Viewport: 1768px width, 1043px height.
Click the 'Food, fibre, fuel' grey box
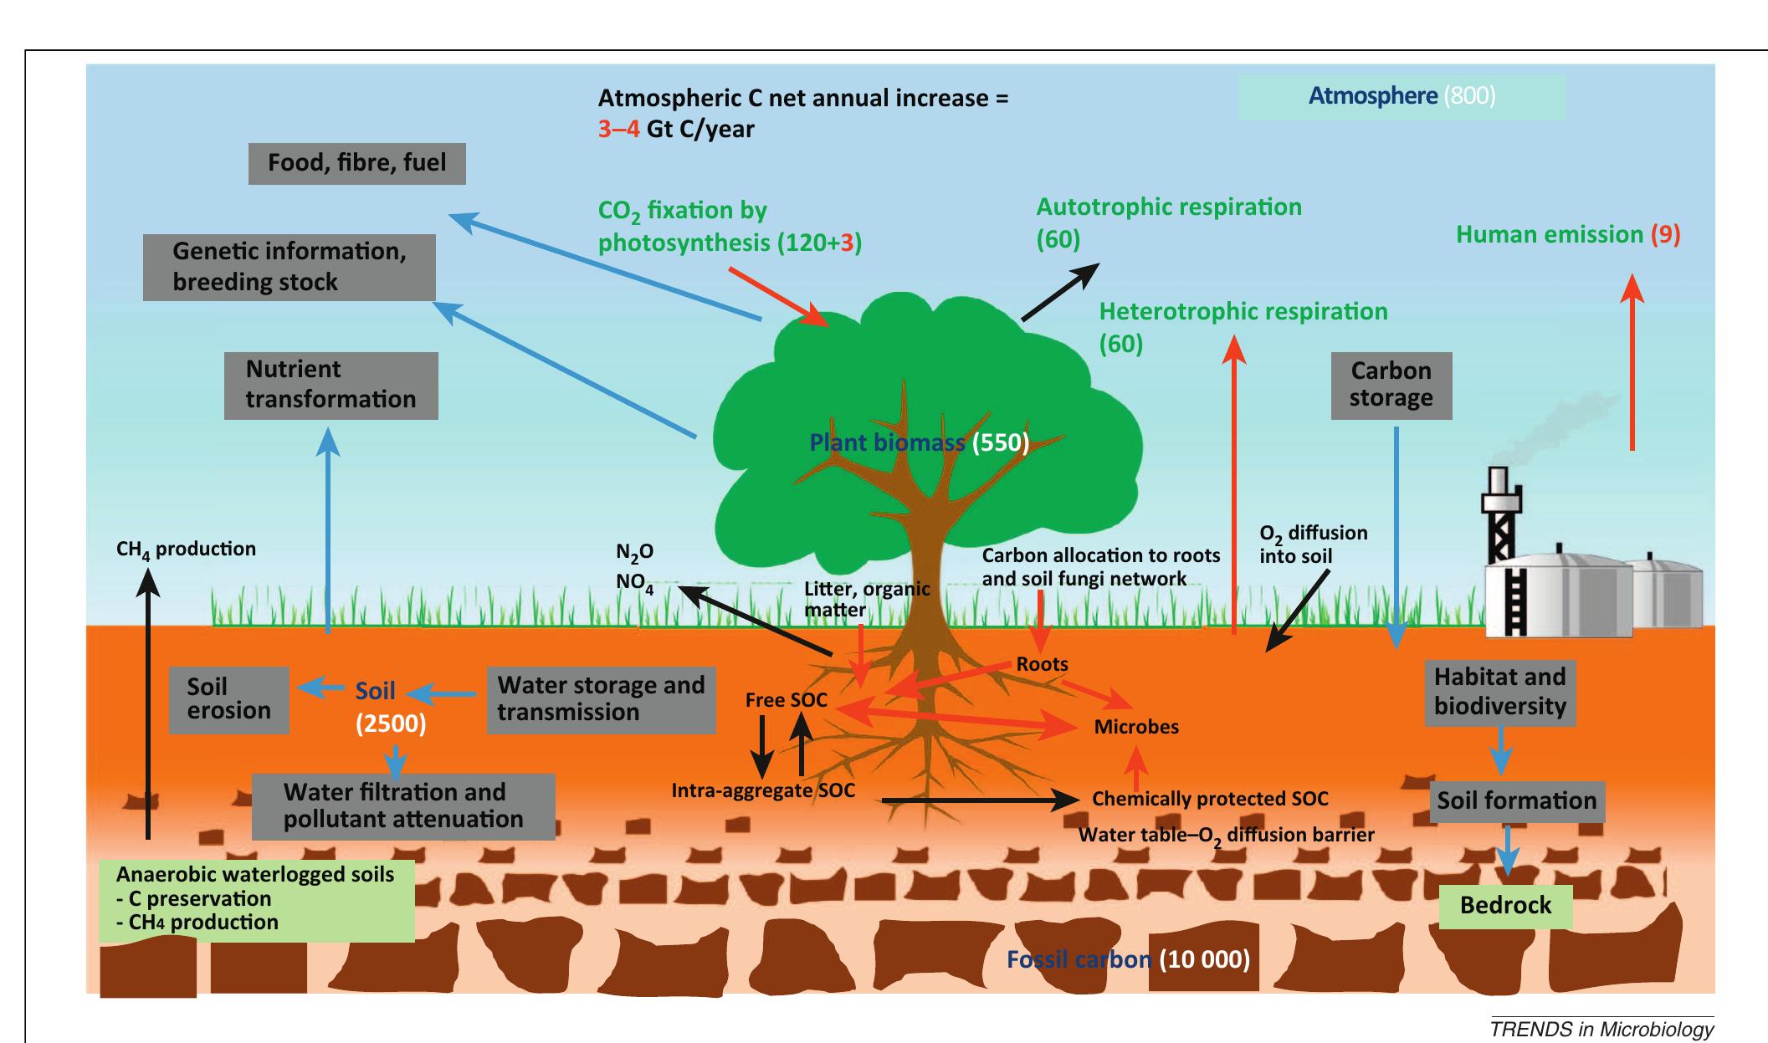pos(357,162)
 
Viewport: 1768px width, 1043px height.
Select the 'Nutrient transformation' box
pos(331,385)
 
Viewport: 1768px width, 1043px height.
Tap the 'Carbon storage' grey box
pos(1391,385)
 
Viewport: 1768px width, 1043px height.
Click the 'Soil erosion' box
pos(229,699)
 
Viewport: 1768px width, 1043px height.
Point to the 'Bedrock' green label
pos(1505,905)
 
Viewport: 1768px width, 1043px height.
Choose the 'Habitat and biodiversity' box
pos(1499,692)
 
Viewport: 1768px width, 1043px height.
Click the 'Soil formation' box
pos(1516,800)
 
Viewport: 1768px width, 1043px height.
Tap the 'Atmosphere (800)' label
pos(1402,96)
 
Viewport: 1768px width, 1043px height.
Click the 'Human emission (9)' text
pos(1568,235)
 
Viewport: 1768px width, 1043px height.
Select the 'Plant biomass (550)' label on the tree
pos(919,442)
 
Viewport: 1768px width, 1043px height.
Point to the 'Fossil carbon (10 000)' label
pos(1127,959)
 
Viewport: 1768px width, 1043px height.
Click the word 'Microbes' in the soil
pos(1136,727)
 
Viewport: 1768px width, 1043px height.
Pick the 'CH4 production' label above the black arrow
pos(186,550)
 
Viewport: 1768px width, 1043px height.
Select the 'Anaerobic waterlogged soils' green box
pos(257,899)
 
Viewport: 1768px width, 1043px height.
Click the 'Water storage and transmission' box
pos(601,698)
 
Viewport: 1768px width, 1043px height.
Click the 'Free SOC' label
pos(786,701)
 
